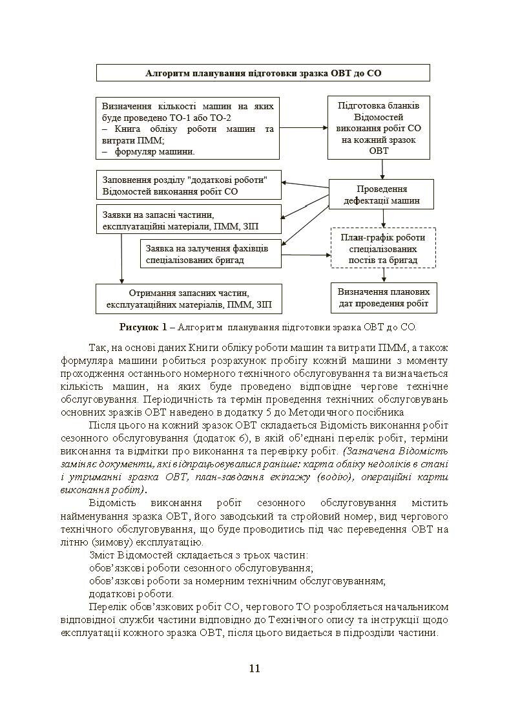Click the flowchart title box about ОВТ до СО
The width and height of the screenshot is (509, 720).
pyautogui.click(x=263, y=73)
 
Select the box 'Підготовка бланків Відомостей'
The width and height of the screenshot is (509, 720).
pyautogui.click(x=379, y=127)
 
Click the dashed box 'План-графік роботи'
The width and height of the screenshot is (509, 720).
pyautogui.click(x=383, y=248)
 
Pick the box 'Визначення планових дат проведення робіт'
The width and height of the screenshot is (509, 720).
pyautogui.click(x=383, y=297)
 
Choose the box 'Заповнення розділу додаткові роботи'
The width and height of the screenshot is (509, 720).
pyautogui.click(x=189, y=185)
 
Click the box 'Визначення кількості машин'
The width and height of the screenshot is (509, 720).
pyautogui.click(x=187, y=129)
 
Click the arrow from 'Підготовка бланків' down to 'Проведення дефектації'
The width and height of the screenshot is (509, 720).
pyautogui.click(x=382, y=169)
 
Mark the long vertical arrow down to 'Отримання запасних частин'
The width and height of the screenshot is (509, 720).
pyautogui.click(x=121, y=259)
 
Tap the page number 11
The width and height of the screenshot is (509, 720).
pyautogui.click(x=254, y=668)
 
